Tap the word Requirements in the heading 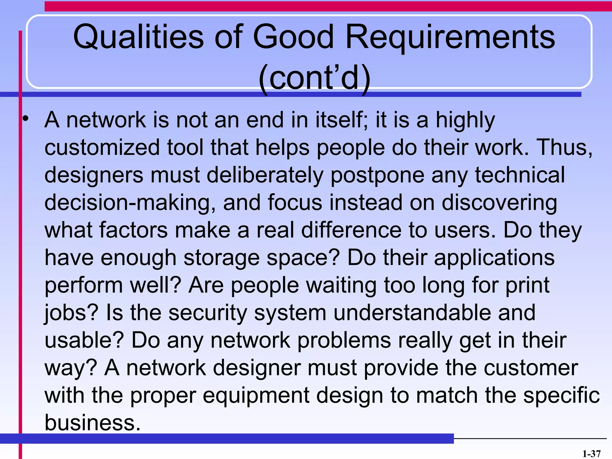[450, 37]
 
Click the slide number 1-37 [591, 454]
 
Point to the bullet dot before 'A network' [26, 119]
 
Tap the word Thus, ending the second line [564, 147]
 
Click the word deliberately [265, 175]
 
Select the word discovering [499, 203]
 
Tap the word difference [351, 230]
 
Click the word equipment [256, 396]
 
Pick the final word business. [92, 423]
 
